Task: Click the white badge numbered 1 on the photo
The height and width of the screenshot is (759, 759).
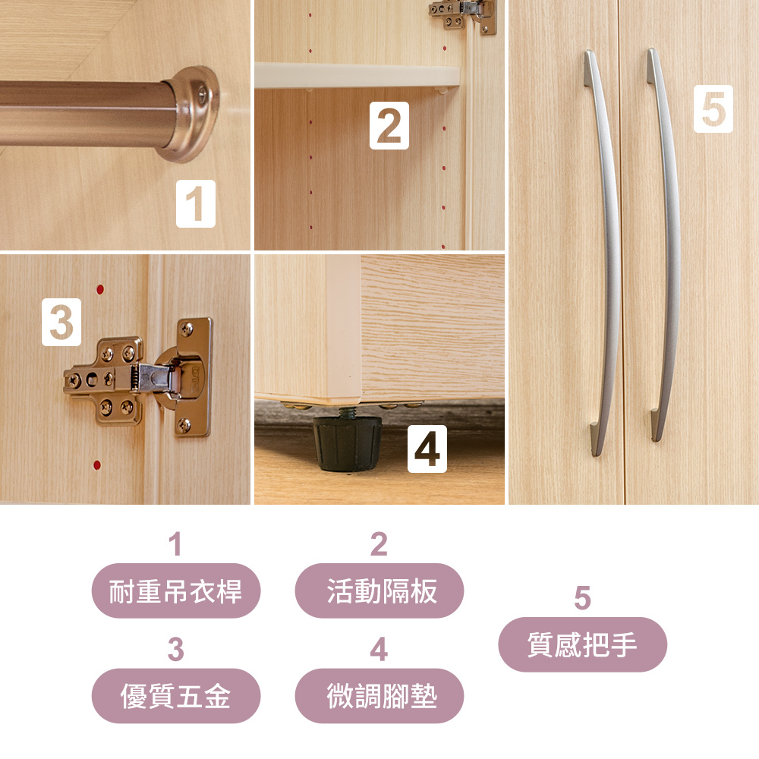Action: (x=196, y=203)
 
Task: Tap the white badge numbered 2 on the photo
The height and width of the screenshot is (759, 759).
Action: (x=389, y=125)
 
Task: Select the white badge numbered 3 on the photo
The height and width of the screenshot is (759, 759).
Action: (x=61, y=322)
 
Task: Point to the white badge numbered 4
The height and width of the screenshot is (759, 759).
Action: (x=427, y=449)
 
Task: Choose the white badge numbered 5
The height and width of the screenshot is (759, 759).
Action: (x=713, y=109)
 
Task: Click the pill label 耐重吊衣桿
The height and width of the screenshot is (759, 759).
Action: (x=176, y=591)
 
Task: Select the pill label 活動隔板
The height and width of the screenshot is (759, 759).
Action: (x=379, y=591)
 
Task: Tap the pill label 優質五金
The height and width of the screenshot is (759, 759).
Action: (x=176, y=696)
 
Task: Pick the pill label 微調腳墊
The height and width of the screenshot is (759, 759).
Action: (x=379, y=696)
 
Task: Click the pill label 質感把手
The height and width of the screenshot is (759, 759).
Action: (x=583, y=644)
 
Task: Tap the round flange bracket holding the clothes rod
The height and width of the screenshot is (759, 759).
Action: (x=191, y=113)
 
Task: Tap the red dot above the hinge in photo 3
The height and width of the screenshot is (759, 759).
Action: (x=100, y=289)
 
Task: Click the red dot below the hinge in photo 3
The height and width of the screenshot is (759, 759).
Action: (x=97, y=466)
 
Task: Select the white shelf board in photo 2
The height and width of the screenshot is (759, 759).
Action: (x=357, y=75)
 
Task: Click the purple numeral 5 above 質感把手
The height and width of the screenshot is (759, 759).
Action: (x=582, y=598)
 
